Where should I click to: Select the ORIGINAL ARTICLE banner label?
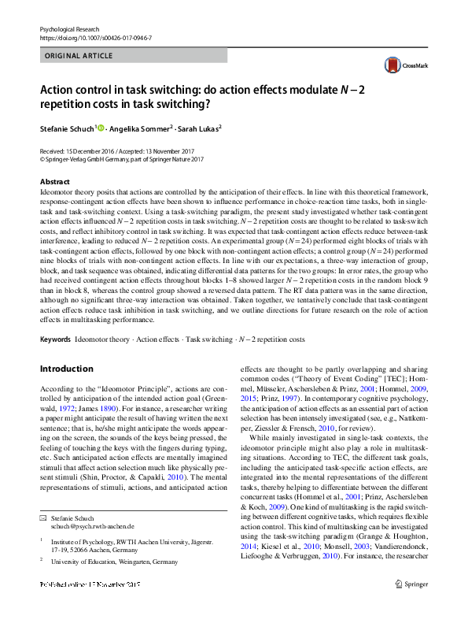click(79, 57)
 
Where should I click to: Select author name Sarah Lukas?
click(199, 128)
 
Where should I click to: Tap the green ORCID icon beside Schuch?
click(100, 127)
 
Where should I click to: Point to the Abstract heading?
click(54, 182)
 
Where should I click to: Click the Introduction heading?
click(66, 369)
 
